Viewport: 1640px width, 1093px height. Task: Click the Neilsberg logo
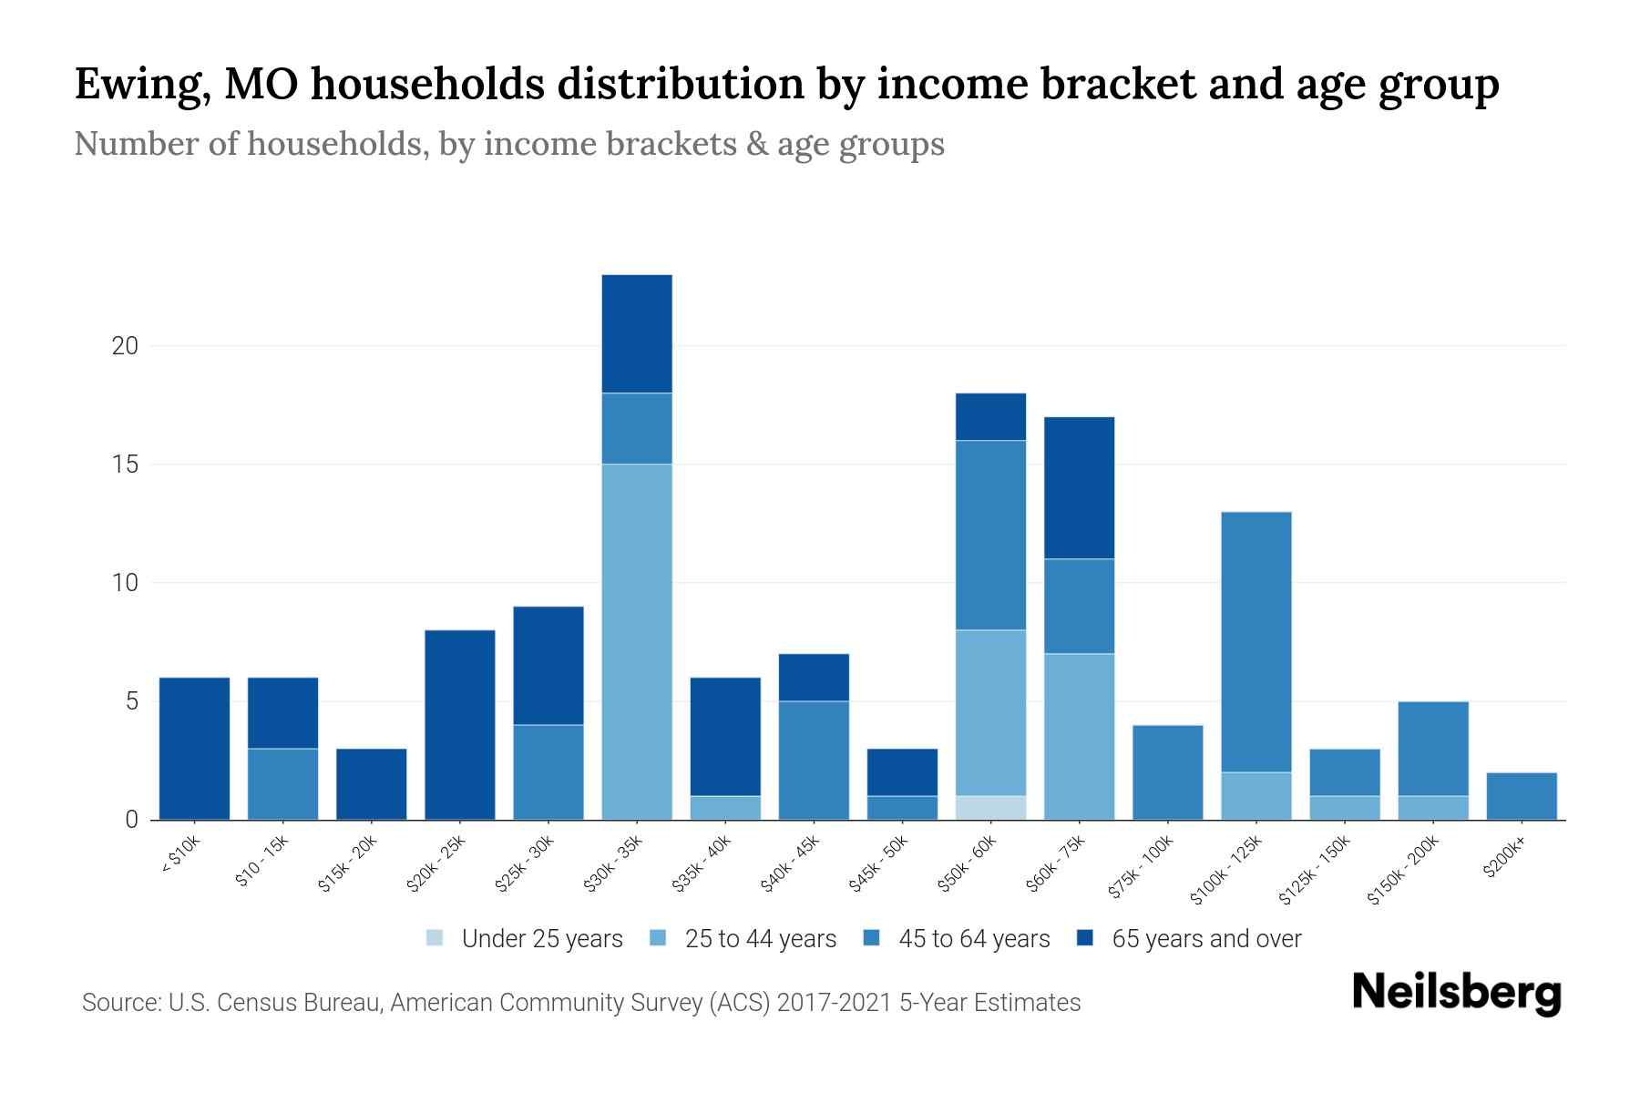pyautogui.click(x=1456, y=993)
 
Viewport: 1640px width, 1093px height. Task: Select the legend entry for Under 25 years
pyautogui.click(x=525, y=939)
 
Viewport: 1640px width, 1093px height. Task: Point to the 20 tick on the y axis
pyautogui.click(x=126, y=346)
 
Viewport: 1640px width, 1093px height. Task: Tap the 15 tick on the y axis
pyautogui.click(x=126, y=465)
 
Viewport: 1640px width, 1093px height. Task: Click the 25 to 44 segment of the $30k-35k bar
pyautogui.click(x=637, y=642)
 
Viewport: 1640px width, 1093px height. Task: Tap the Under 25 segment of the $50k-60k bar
pyautogui.click(x=991, y=808)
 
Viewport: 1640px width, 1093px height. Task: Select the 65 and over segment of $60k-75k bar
pyautogui.click(x=1080, y=488)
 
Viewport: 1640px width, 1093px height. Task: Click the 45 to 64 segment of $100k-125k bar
pyautogui.click(x=1256, y=642)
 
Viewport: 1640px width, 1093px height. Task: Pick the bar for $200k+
pyautogui.click(x=1522, y=796)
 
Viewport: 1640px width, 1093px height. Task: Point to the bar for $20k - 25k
pyautogui.click(x=460, y=725)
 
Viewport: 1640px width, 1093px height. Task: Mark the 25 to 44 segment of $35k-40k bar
pyautogui.click(x=725, y=808)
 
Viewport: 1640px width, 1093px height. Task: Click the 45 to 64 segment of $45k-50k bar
pyautogui.click(x=902, y=808)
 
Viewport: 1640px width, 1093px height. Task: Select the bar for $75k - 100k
pyautogui.click(x=1168, y=772)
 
